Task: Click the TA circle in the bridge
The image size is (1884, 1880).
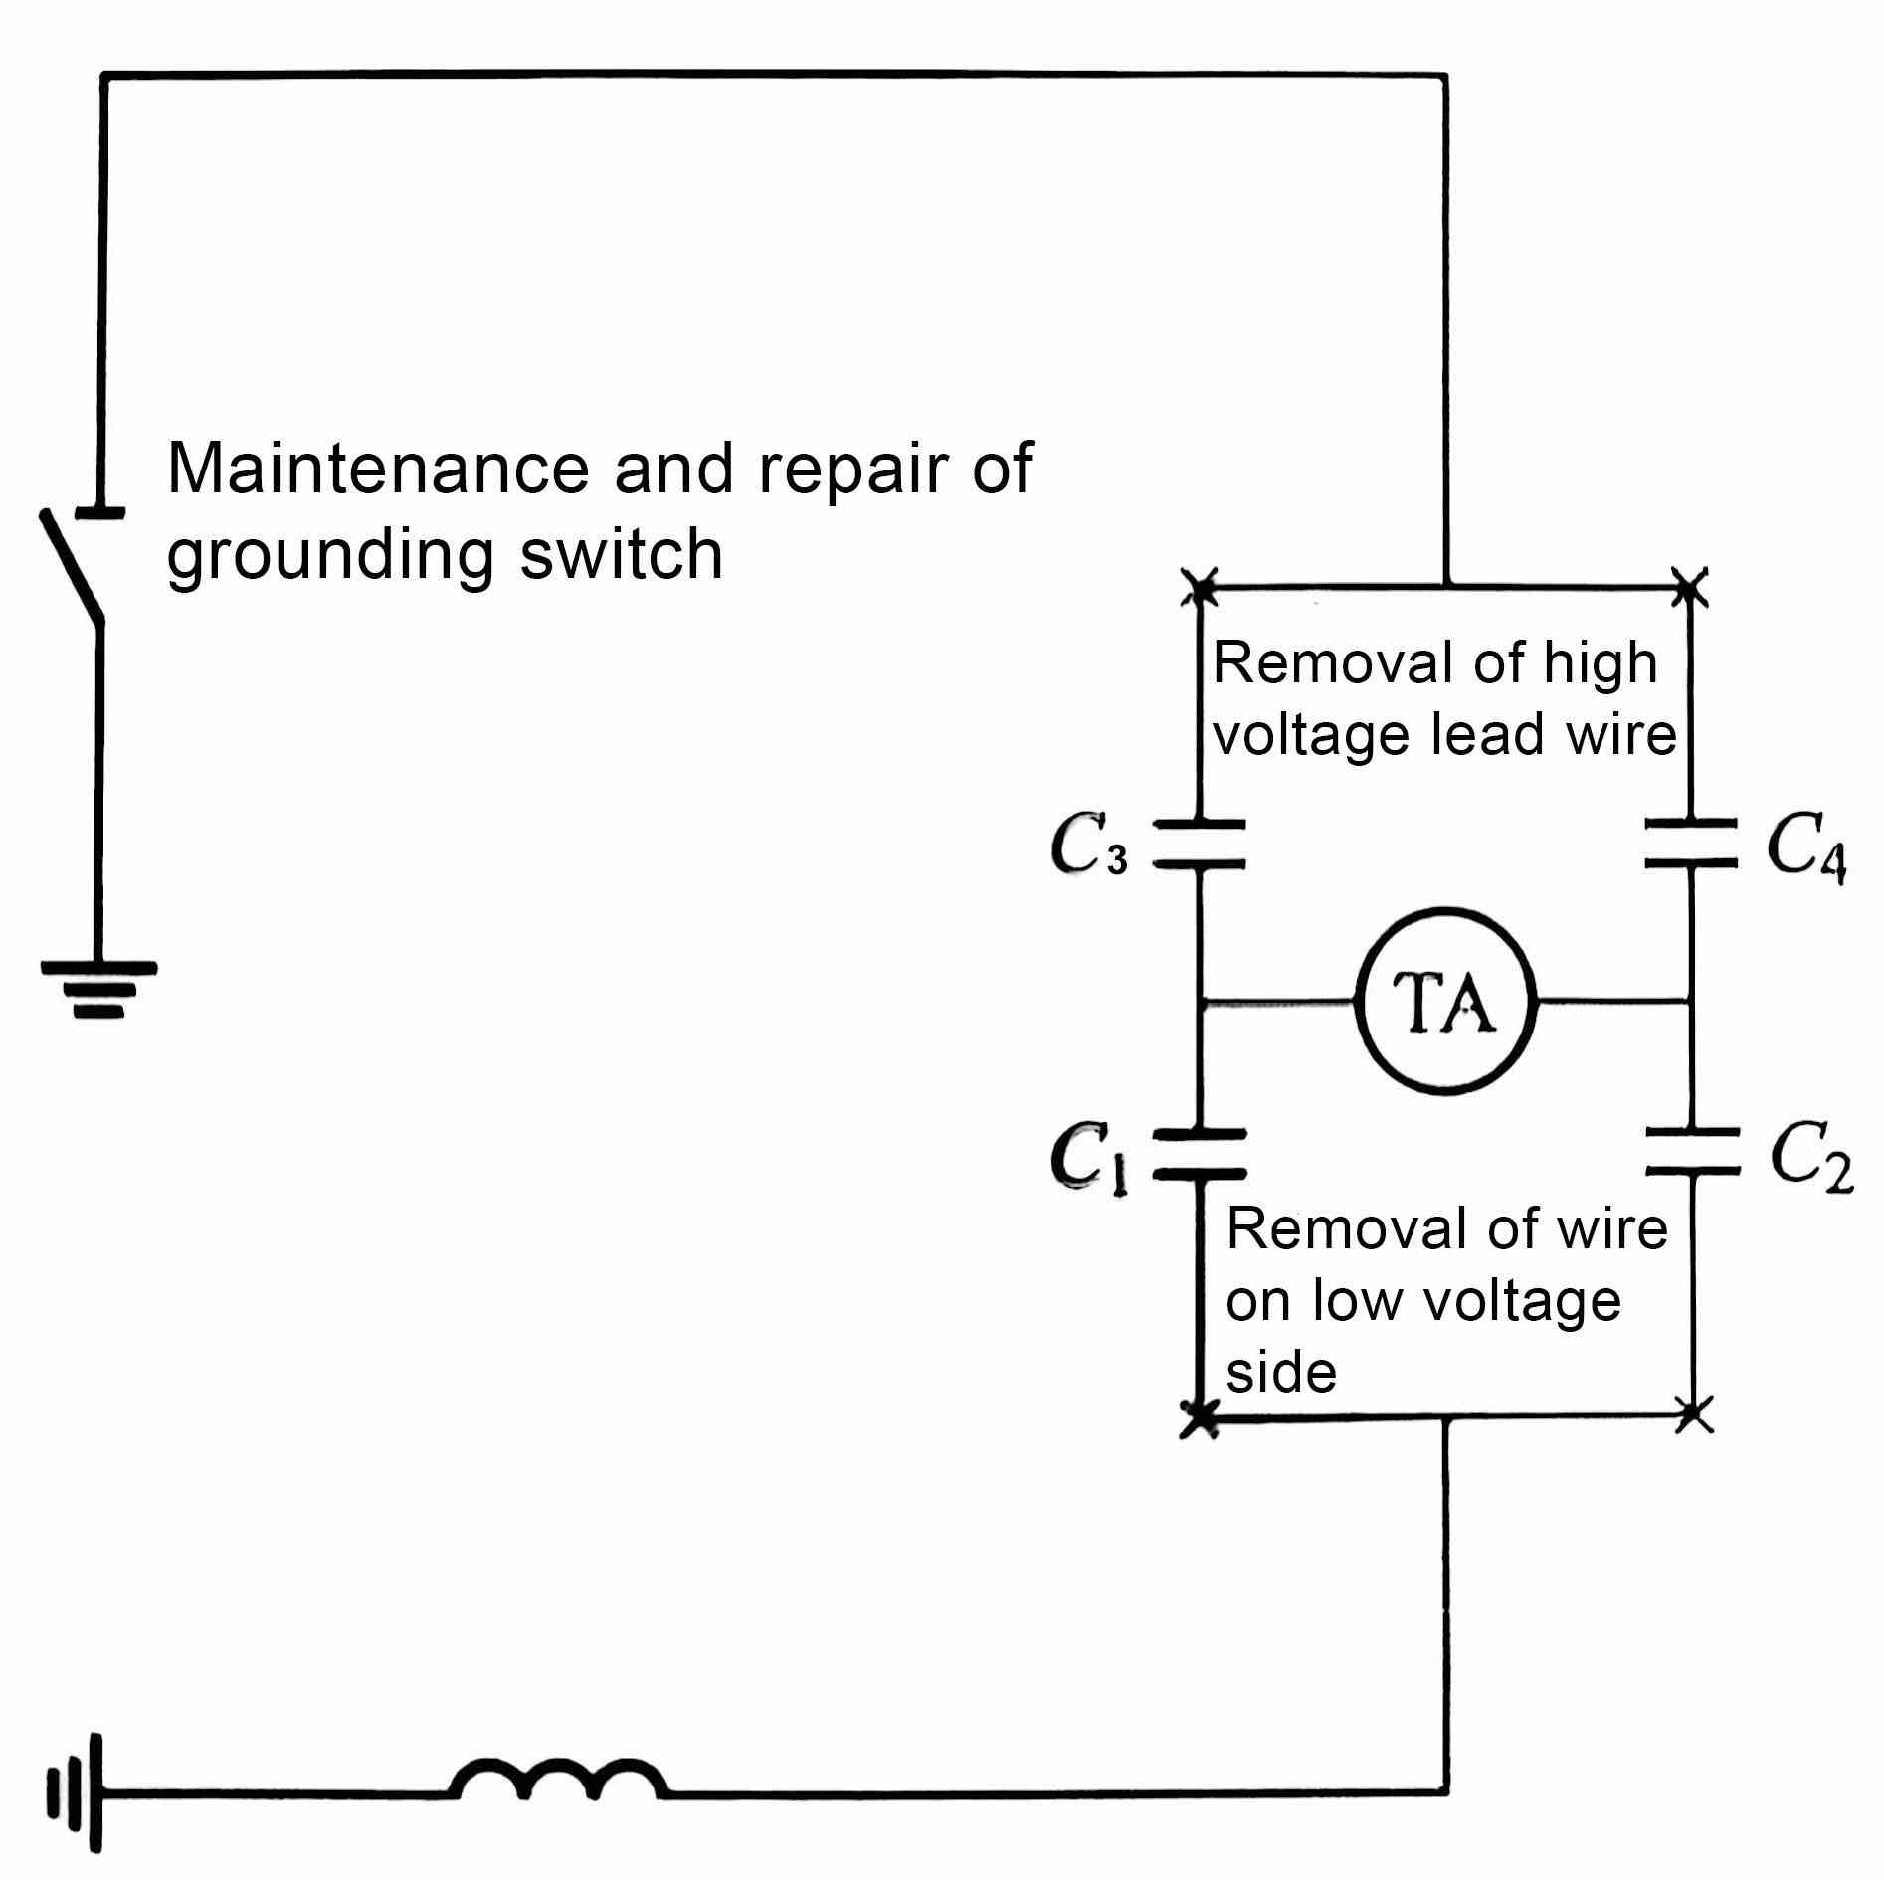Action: click(1446, 1001)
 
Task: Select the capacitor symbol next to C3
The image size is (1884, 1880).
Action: click(1199, 845)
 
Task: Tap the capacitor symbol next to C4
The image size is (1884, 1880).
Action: click(1691, 843)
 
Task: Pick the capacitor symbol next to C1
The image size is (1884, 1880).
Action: click(1199, 1154)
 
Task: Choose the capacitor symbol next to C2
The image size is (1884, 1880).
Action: click(1691, 1152)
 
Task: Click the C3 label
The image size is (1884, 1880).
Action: click(1089, 845)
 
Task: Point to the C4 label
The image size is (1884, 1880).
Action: click(1805, 846)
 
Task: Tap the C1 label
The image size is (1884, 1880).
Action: click(1089, 1157)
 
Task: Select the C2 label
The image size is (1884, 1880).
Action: click(1810, 1157)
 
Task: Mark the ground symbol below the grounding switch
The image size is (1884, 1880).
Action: click(97, 987)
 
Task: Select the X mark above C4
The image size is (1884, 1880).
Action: click(1689, 586)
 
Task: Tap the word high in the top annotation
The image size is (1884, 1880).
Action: click(1600, 663)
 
